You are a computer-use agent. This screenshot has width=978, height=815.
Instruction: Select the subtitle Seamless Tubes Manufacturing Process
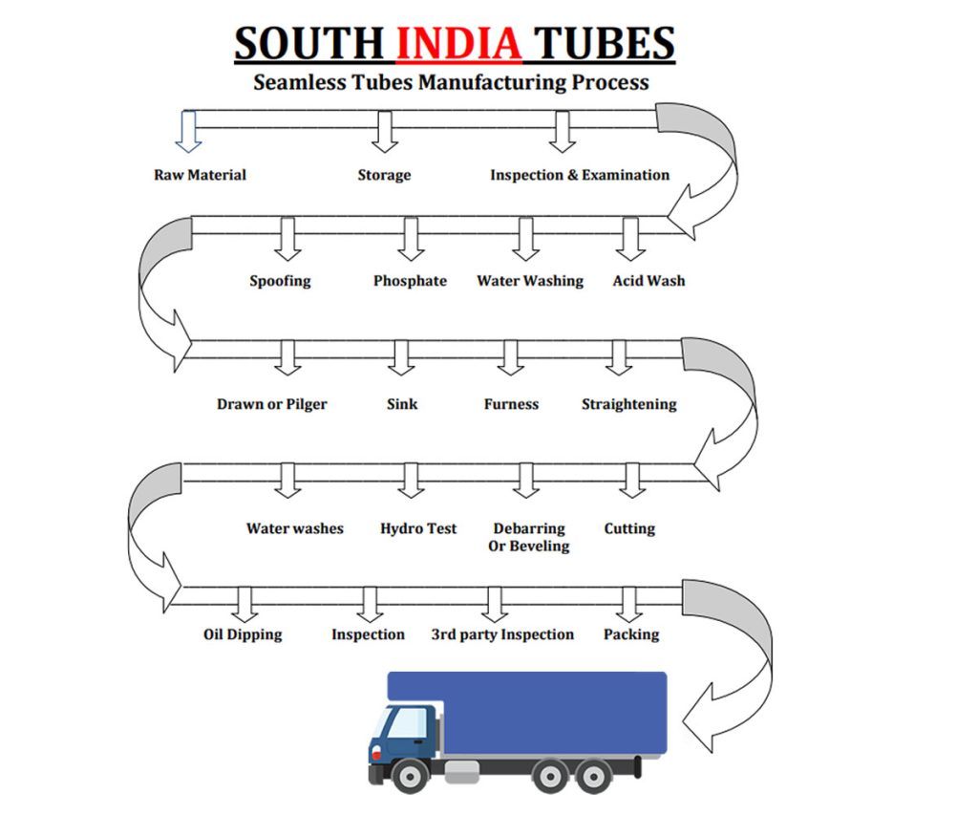click(451, 82)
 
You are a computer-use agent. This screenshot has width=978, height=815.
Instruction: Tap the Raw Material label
click(200, 175)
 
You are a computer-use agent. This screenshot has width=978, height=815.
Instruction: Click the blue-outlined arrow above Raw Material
click(188, 131)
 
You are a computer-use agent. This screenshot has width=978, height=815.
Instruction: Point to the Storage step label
click(384, 175)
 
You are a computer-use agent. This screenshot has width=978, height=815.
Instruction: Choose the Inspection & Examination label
click(580, 175)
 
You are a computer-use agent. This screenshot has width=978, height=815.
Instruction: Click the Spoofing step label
click(280, 281)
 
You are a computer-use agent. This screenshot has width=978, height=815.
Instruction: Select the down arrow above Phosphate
click(411, 239)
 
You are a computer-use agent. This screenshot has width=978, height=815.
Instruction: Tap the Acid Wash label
click(648, 281)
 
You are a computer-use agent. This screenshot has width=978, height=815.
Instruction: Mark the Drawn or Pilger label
click(271, 404)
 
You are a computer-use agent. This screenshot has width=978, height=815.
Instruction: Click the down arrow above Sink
click(402, 357)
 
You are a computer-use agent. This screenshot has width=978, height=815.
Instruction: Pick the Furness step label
click(511, 404)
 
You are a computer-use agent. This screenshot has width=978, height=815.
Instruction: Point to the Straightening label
click(628, 404)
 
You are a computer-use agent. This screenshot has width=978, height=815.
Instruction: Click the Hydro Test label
click(418, 528)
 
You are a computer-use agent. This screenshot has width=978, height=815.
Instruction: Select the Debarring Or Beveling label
click(528, 537)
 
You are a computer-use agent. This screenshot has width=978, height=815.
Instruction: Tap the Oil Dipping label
click(243, 634)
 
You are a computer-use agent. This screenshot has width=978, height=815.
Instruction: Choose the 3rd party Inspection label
click(502, 634)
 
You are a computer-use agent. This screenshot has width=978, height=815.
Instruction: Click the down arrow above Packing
click(628, 604)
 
